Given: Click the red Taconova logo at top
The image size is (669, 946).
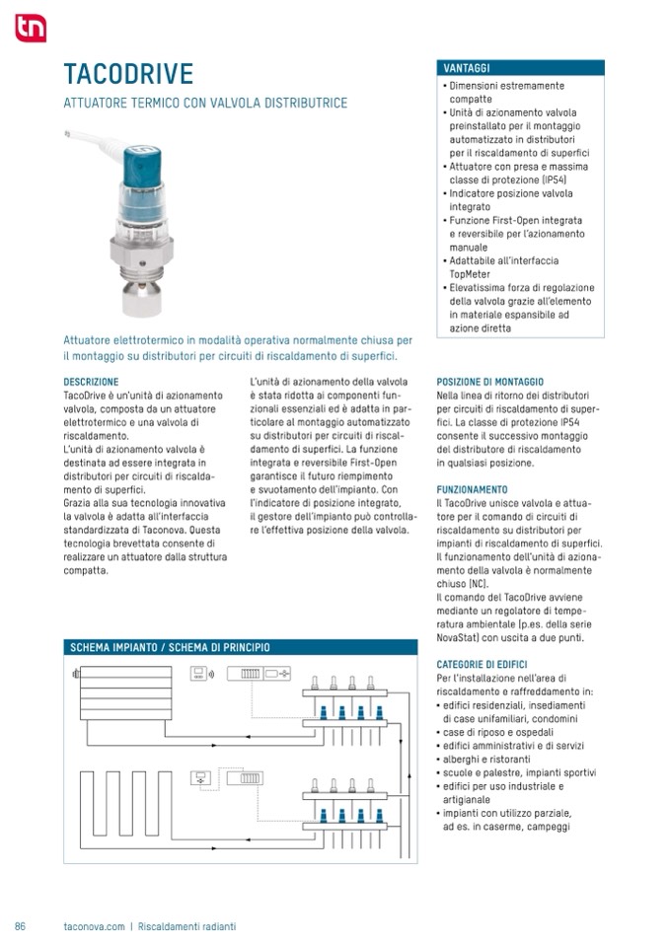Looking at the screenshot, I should tap(30, 30).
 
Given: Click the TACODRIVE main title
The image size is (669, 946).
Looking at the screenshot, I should tap(128, 74).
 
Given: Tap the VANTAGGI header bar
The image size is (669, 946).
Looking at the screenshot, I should tap(520, 68).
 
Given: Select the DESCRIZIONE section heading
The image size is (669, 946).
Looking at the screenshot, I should tap(91, 381).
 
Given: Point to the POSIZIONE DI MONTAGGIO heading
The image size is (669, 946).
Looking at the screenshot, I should tap(503, 381).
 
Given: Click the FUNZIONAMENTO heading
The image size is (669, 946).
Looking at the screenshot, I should tap(472, 489).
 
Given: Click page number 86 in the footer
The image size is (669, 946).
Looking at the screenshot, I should tap(20, 926).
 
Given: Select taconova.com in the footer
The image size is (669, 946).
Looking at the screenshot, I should tap(94, 926).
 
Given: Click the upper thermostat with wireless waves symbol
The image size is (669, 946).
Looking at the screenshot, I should tap(201, 675).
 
